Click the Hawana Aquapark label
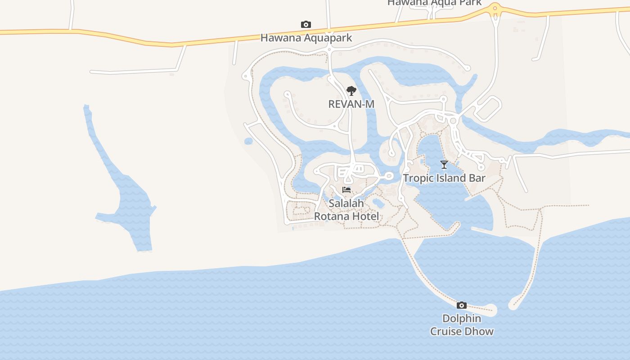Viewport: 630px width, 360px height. click(306, 38)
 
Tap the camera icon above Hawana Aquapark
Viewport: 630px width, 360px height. click(306, 24)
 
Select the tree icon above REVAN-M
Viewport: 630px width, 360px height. click(351, 91)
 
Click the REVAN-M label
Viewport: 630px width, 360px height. click(351, 104)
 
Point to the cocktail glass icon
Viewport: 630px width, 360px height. click(444, 165)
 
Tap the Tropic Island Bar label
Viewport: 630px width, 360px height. click(444, 178)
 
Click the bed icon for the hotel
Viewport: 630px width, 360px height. click(346, 190)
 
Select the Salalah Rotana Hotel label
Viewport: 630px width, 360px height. click(346, 210)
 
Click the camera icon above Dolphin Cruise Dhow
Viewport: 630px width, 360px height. click(462, 305)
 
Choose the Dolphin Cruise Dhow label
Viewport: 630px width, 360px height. click(462, 325)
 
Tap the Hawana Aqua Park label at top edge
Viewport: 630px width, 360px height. click(434, 3)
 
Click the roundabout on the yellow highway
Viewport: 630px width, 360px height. click(495, 8)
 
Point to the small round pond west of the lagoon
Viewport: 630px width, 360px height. click(248, 141)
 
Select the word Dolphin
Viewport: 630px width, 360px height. click(462, 319)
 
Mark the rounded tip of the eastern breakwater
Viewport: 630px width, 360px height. click(513, 305)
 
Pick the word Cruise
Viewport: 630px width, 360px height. click(448, 332)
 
